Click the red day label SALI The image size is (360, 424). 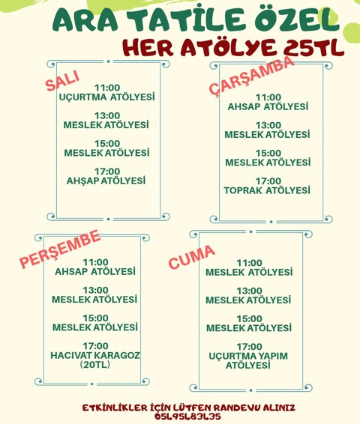pos(62,81)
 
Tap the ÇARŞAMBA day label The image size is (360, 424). pos(252,76)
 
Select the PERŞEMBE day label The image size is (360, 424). pos(60,249)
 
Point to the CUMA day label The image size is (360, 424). pos(192,257)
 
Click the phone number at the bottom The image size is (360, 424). pos(187,417)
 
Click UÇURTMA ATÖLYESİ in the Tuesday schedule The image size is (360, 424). pos(107,97)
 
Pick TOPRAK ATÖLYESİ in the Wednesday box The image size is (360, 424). pos(267,190)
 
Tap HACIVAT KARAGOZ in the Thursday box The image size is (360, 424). pos(95,355)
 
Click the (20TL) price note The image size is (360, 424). pos(95,365)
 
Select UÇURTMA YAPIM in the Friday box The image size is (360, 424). pos(248,356)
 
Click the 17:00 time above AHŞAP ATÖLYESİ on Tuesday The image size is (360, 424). pos(107,172)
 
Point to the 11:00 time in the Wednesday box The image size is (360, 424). pos(268,97)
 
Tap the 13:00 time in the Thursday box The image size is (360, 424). pos(95,290)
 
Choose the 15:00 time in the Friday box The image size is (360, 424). pos(249,318)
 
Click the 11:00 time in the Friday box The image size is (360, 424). pos(249,263)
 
